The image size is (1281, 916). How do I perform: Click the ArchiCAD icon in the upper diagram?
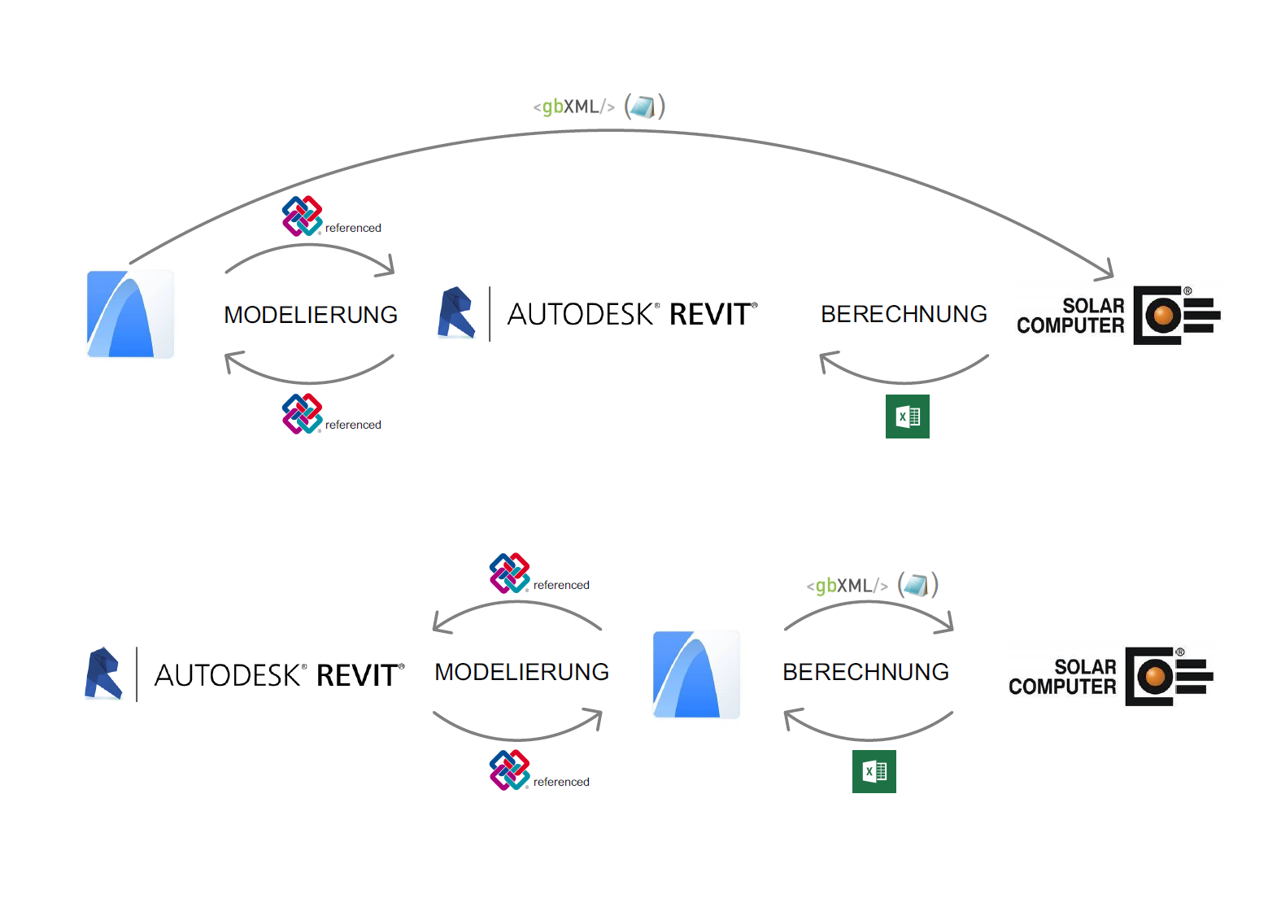click(x=130, y=314)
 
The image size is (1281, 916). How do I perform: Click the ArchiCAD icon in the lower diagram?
click(x=696, y=674)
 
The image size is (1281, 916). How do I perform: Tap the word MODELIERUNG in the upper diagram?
click(x=311, y=315)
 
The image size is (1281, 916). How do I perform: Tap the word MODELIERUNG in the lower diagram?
click(x=521, y=672)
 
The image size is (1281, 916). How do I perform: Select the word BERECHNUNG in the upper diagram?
click(x=904, y=314)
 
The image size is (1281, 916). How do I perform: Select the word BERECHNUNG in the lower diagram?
click(x=865, y=672)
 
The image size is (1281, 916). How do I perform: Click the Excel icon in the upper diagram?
click(x=907, y=417)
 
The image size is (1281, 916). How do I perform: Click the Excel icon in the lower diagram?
click(x=874, y=771)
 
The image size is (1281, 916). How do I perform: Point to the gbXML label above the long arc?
click(x=574, y=107)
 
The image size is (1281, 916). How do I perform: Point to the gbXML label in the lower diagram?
click(x=847, y=586)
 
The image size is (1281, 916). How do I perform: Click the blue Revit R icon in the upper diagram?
click(x=456, y=312)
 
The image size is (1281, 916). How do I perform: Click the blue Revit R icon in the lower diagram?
click(x=104, y=674)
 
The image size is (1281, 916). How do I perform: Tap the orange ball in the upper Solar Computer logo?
click(x=1163, y=315)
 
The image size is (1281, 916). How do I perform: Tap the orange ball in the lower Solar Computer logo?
click(x=1154, y=676)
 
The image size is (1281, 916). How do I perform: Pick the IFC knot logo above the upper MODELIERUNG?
click(x=302, y=216)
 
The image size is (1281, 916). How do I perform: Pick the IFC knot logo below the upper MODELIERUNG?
click(x=302, y=413)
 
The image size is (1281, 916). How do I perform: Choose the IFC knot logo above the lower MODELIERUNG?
click(x=510, y=574)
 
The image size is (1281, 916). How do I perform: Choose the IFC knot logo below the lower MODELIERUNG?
click(x=510, y=770)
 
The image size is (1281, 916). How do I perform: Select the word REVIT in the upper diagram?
click(x=710, y=314)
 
